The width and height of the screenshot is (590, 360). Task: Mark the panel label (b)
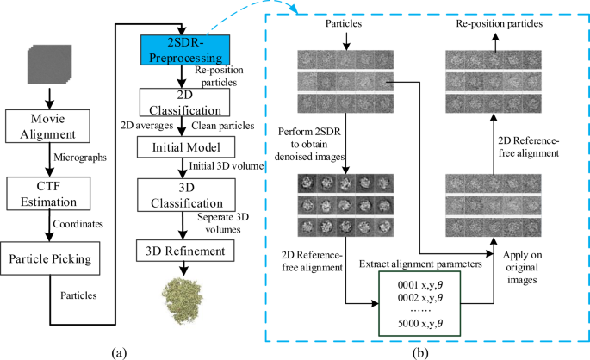tap(418, 350)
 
